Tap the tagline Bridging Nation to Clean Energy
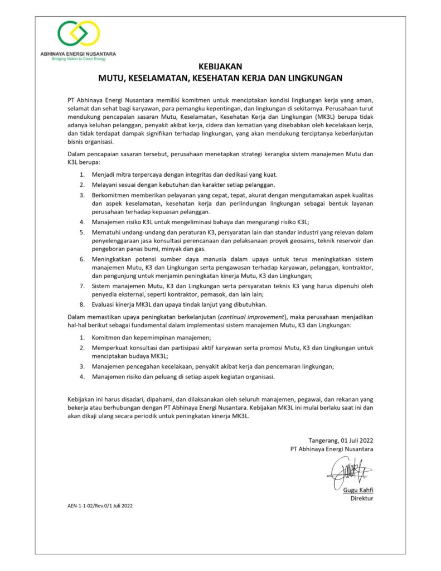click(x=79, y=58)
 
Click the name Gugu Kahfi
click(x=358, y=490)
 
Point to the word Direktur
click(x=361, y=499)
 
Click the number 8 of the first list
click(x=81, y=304)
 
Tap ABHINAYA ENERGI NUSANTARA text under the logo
click(x=79, y=54)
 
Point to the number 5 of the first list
click(x=81, y=231)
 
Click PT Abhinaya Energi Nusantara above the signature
click(x=332, y=449)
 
